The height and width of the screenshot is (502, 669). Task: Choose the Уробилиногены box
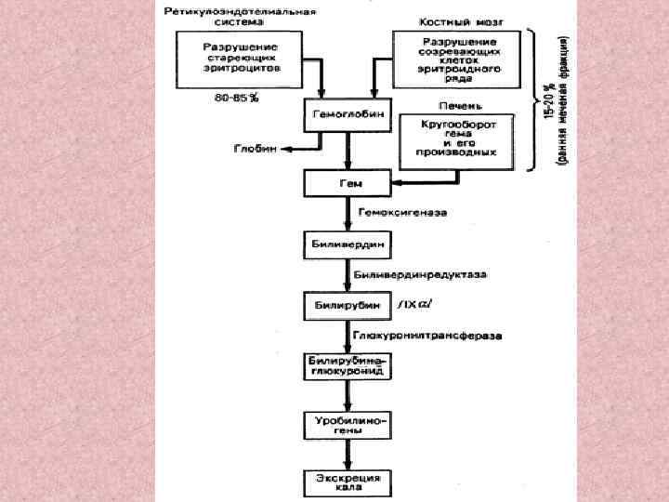(x=348, y=425)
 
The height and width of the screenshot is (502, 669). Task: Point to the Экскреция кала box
(x=348, y=482)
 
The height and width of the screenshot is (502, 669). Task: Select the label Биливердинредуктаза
(x=409, y=275)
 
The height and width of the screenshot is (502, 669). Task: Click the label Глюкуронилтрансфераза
(x=413, y=335)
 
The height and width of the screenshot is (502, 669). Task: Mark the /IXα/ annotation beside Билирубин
(x=414, y=305)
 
